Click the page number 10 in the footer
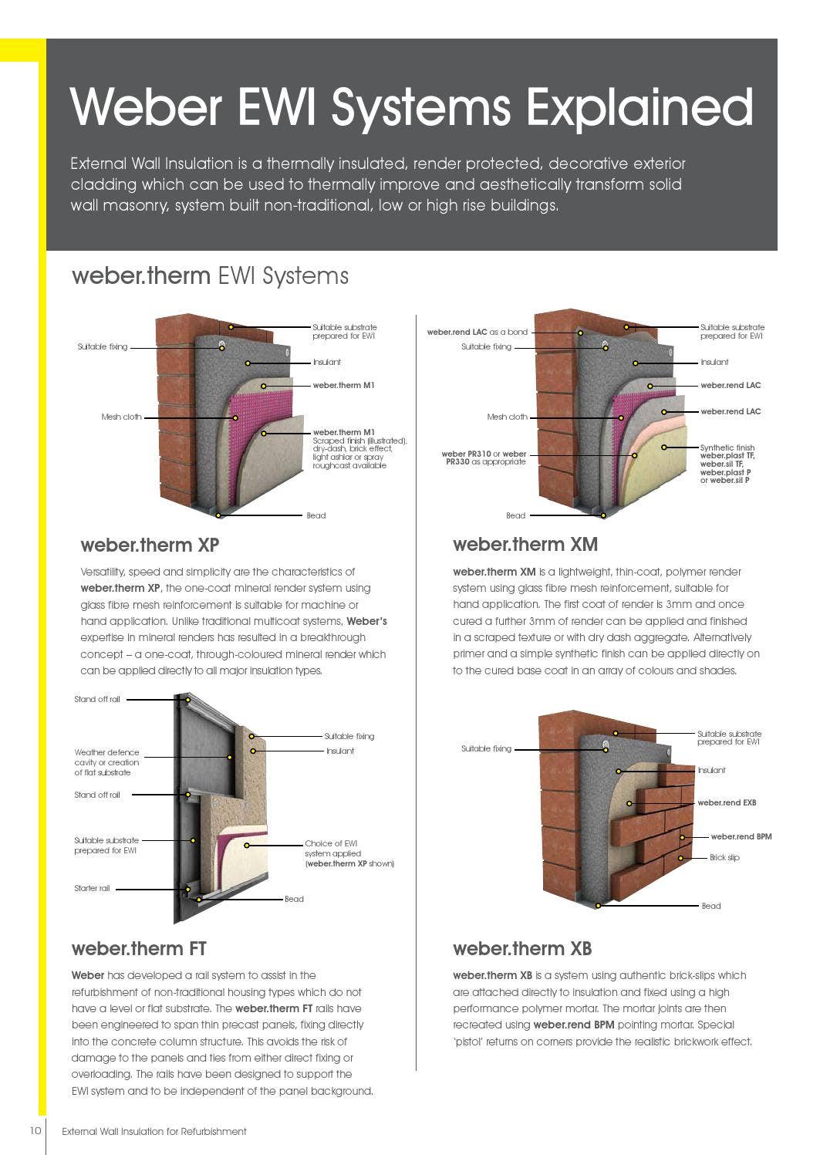[x=35, y=1130]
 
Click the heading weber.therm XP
[x=150, y=545]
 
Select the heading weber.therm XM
[x=525, y=544]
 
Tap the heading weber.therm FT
[x=139, y=948]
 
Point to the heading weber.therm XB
[x=522, y=948]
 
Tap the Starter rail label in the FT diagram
[x=92, y=888]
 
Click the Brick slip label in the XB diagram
[x=724, y=857]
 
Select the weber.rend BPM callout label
[x=741, y=836]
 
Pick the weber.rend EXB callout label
[x=727, y=802]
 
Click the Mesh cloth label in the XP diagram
[x=121, y=417]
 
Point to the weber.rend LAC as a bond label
[x=477, y=332]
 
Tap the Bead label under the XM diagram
[x=515, y=515]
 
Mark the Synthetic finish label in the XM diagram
[x=727, y=447]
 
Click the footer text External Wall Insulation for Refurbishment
[x=154, y=1131]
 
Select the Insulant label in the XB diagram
[x=711, y=770]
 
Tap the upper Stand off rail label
[x=97, y=699]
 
